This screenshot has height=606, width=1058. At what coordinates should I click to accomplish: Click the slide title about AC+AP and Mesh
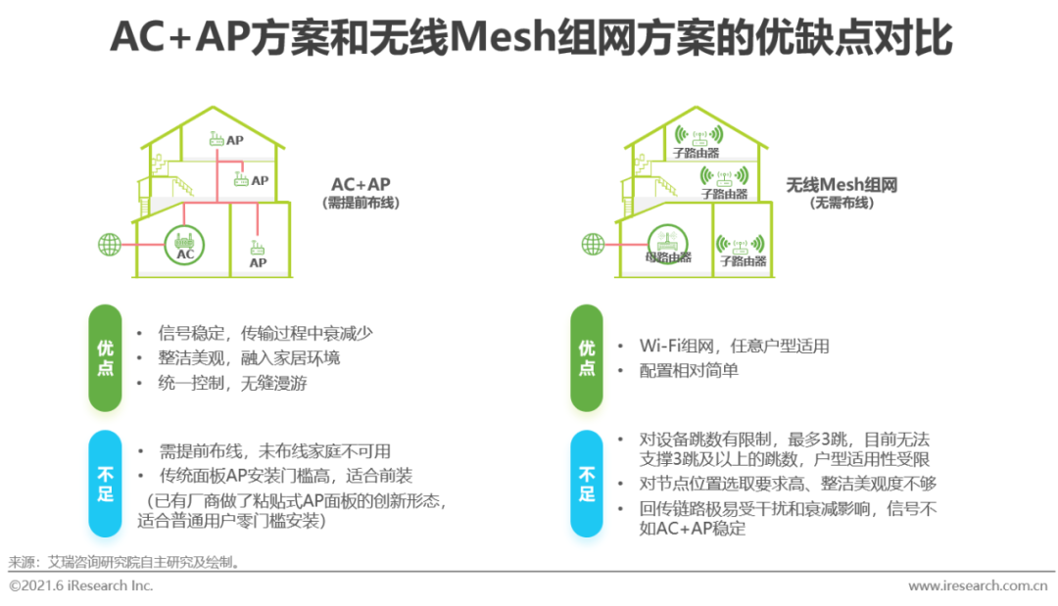click(x=530, y=39)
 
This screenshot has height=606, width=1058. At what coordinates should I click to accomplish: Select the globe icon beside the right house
click(x=593, y=243)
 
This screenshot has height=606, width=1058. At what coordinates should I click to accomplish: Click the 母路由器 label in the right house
click(x=668, y=257)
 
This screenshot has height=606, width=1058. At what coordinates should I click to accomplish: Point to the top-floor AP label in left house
click(x=235, y=140)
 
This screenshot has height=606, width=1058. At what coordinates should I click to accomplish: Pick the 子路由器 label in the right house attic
click(x=697, y=153)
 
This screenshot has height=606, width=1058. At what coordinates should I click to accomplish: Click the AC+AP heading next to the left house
click(x=361, y=184)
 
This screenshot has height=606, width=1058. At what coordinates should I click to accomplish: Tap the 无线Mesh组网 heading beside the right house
click(x=842, y=184)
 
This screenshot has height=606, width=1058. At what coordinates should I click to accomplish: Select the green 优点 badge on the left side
click(x=105, y=358)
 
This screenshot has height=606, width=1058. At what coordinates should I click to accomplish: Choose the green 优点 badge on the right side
click(x=587, y=358)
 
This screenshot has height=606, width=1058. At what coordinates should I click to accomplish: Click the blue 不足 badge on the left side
click(x=105, y=484)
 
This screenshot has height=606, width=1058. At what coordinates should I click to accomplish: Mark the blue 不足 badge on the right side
click(x=587, y=484)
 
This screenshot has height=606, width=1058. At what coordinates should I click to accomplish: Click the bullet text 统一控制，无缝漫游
click(x=233, y=383)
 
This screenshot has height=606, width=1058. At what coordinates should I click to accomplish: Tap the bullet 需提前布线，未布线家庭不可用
click(x=274, y=451)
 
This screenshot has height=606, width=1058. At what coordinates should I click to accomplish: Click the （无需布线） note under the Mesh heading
click(x=842, y=204)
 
